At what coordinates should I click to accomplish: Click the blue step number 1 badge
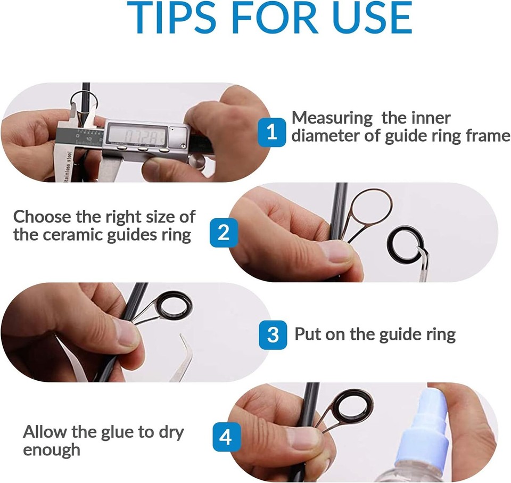pos(272,132)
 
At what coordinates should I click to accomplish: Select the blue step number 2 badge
pos(224,232)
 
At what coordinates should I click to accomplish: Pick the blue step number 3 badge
pos(272,334)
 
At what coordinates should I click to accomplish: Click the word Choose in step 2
pos(40,217)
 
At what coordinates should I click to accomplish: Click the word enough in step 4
pos(52,449)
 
